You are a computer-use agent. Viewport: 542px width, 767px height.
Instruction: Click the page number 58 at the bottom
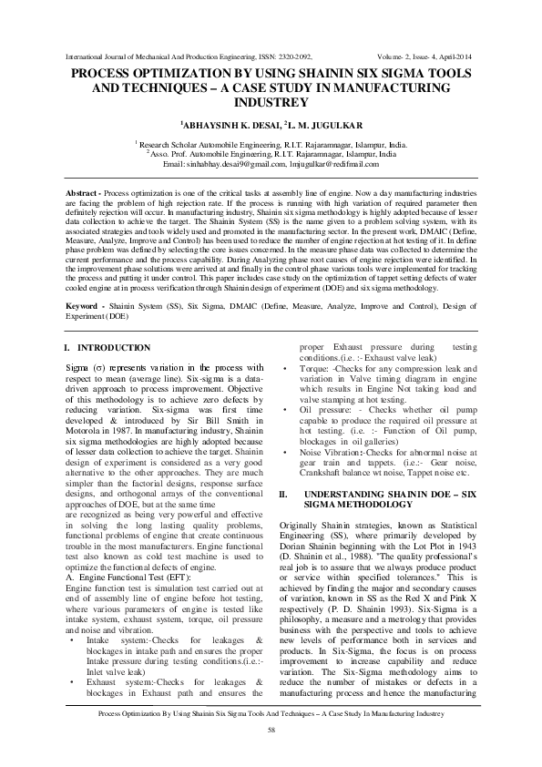point(271,754)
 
